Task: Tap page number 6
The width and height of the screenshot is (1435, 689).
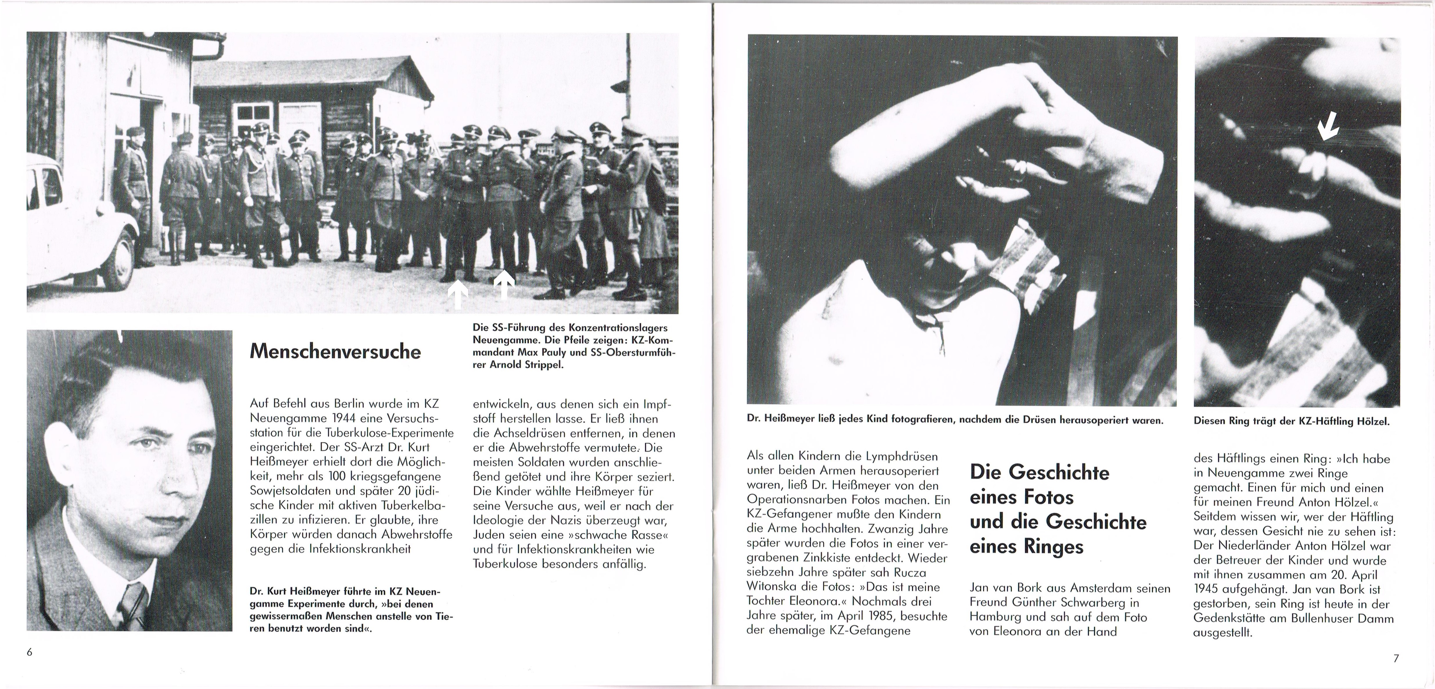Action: tap(30, 653)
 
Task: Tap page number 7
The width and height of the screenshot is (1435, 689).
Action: tap(1396, 658)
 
